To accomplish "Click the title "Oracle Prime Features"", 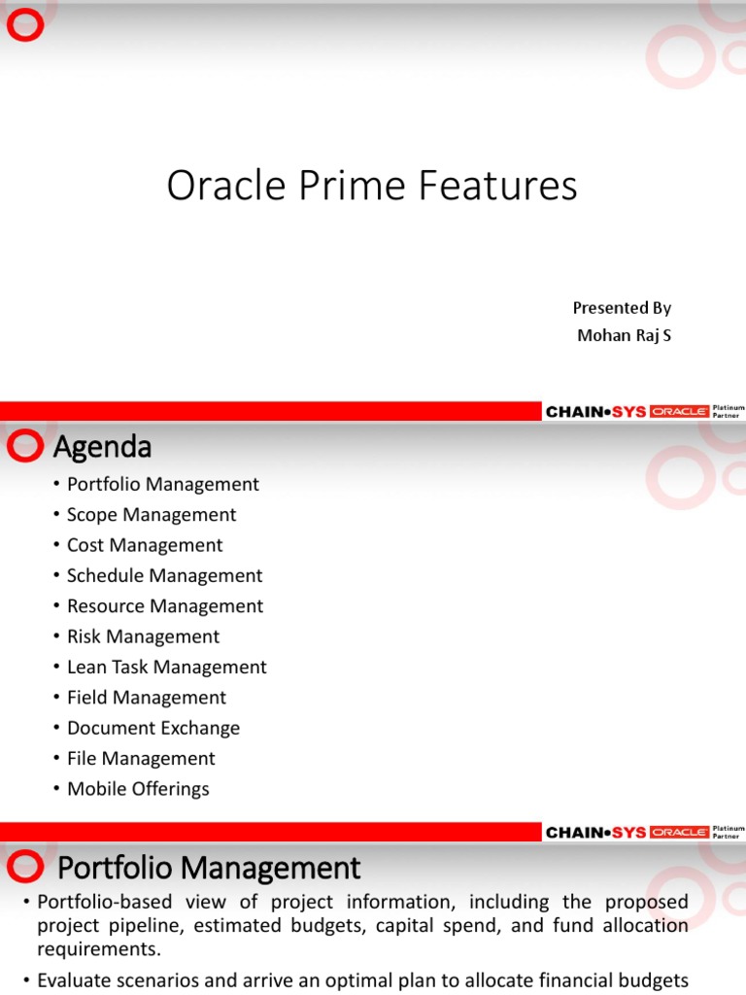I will pos(372,186).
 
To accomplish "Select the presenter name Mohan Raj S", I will pos(623,336).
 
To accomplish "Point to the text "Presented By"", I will pos(622,308).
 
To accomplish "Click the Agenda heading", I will pos(102,448).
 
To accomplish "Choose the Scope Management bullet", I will pos(151,515).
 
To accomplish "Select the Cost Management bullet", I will pos(144,545).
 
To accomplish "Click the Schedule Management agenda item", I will pos(164,576).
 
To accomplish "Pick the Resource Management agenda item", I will pos(164,606).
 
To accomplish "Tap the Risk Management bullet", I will pos(143,636).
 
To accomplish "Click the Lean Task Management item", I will pos(166,668).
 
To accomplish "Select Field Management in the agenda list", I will pos(146,698).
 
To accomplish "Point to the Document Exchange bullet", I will pos(153,728).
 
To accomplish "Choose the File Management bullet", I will pos(141,758).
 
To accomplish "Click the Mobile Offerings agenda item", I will pos(138,789).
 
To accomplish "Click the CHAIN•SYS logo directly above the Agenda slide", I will pos(595,412).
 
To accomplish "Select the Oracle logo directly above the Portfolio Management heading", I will pos(679,832).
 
